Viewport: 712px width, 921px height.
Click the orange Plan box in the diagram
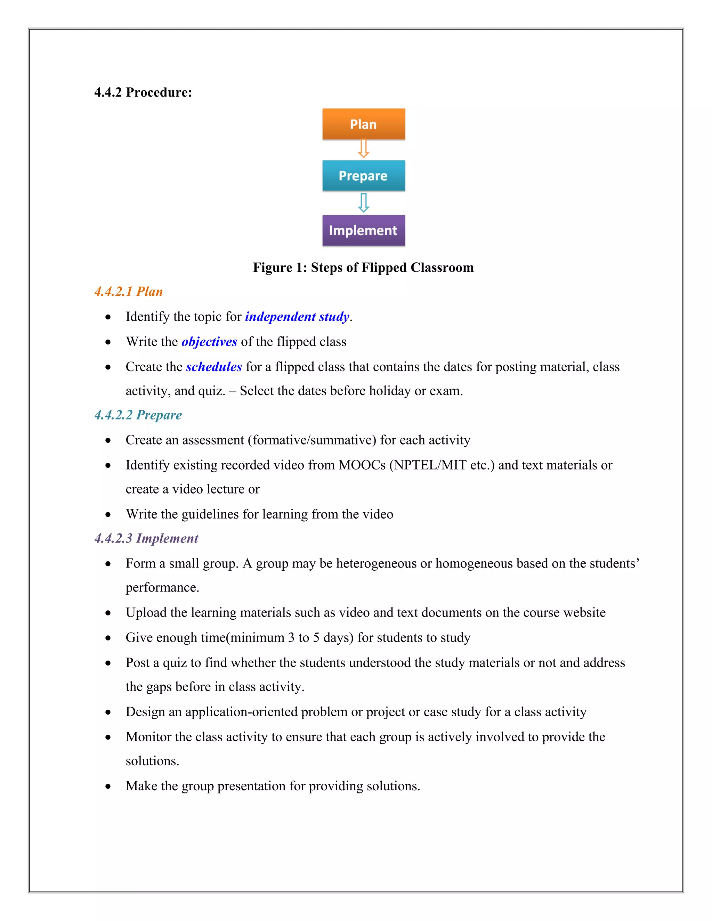click(x=363, y=124)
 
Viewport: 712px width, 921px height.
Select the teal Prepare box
click(x=363, y=176)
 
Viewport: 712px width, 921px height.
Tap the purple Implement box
click(x=363, y=230)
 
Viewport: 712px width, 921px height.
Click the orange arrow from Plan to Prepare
click(x=363, y=149)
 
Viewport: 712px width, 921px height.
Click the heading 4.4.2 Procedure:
click(x=143, y=92)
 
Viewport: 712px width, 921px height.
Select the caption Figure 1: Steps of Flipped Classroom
click(x=363, y=267)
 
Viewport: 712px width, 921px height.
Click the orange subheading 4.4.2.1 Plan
click(x=129, y=291)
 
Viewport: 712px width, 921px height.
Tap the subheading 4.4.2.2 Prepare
click(x=138, y=415)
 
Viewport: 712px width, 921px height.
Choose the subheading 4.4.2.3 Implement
click(x=146, y=538)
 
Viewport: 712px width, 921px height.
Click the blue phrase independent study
click(x=297, y=317)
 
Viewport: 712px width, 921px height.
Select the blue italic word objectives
click(x=209, y=342)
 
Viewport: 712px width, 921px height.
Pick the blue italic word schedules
click(x=214, y=367)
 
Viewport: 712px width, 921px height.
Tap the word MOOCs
click(x=362, y=465)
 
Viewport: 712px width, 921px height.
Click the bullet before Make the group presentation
click(x=108, y=786)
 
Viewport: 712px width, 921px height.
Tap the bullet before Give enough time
click(x=108, y=638)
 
